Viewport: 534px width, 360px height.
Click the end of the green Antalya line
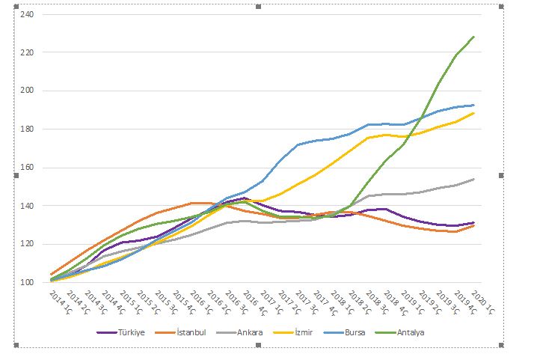(474, 36)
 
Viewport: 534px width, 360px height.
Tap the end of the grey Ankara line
(474, 179)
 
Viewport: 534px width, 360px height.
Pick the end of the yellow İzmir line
(474, 113)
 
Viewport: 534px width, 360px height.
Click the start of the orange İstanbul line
(51, 275)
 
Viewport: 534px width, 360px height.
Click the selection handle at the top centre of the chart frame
(258, 6)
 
